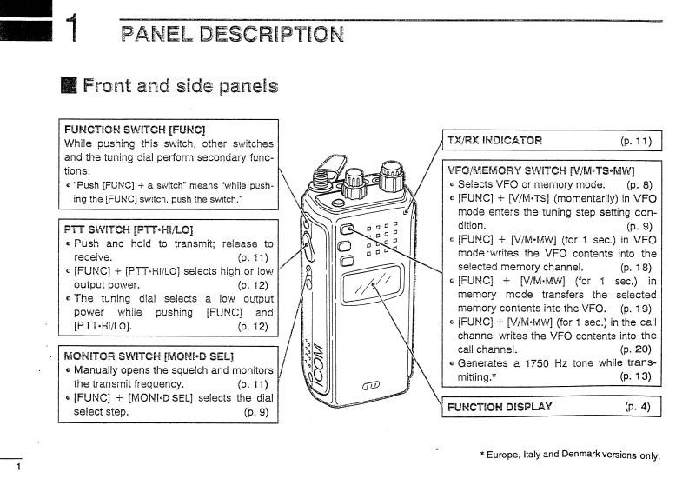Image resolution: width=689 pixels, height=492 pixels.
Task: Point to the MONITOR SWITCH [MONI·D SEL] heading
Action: (x=149, y=356)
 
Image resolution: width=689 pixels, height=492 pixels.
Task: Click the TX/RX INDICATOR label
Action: (x=494, y=140)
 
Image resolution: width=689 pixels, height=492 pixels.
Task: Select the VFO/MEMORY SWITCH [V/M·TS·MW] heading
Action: (x=540, y=170)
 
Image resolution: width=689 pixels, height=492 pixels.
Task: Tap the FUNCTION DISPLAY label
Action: (x=500, y=407)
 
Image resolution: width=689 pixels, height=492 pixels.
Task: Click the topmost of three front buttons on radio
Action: (x=346, y=230)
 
